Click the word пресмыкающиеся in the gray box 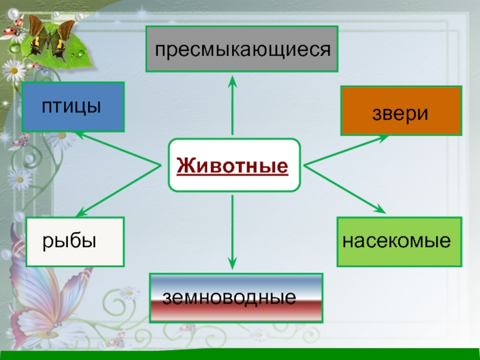[243, 50]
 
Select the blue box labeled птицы [73, 107]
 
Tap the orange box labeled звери [401, 111]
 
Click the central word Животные [233, 166]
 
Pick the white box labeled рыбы [75, 242]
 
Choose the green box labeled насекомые [399, 242]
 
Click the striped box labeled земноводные [236, 298]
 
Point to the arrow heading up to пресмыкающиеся [232, 106]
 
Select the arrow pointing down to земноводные [232, 232]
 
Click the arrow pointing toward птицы [118, 148]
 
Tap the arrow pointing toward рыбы [118, 191]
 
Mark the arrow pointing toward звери [346, 150]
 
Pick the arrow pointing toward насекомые [345, 189]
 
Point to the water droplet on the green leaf [81, 53]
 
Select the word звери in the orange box [400, 114]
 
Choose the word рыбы [69, 242]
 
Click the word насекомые [397, 241]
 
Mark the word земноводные [229, 298]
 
